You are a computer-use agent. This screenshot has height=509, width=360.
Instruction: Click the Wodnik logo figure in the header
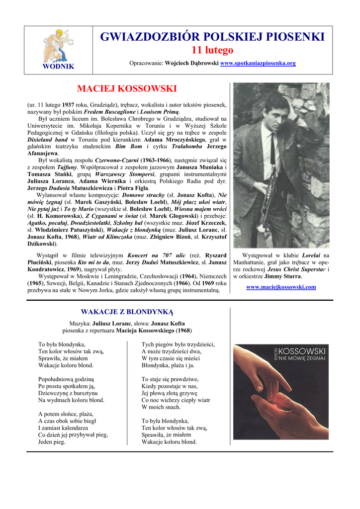tap(58, 45)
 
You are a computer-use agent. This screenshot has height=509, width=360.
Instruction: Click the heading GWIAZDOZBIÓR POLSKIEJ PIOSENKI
tap(212, 37)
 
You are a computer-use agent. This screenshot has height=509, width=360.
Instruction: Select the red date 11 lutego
tap(212, 51)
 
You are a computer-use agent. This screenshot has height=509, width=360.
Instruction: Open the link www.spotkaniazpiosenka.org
tap(258, 63)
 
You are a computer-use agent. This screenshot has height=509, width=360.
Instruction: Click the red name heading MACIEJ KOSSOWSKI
tap(127, 89)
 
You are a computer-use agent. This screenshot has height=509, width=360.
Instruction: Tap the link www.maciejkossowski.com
tap(281, 287)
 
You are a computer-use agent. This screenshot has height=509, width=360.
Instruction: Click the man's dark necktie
tap(273, 149)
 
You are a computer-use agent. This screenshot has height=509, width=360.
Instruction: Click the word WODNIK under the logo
tap(58, 66)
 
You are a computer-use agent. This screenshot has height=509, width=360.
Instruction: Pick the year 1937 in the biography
tap(69, 105)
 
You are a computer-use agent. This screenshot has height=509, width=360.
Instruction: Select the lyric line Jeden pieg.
tap(52, 442)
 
